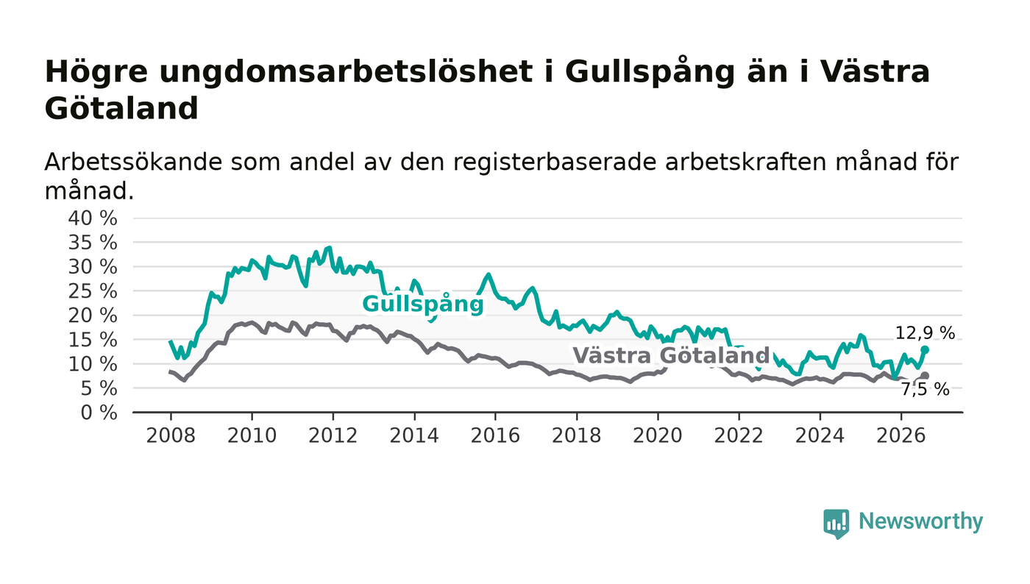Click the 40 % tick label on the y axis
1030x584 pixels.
point(93,218)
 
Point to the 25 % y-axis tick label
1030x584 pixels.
point(93,291)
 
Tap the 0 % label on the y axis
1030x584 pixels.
point(99,413)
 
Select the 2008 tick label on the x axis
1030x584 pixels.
point(171,435)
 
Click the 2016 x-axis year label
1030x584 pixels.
point(495,435)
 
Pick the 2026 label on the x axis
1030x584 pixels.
point(901,435)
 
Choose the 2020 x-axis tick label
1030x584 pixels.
point(658,435)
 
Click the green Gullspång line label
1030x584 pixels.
point(423,305)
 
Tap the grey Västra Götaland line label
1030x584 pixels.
point(671,355)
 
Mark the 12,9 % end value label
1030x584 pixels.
point(926,333)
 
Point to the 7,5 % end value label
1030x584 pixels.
point(926,390)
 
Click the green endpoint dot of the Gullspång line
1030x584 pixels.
point(926,350)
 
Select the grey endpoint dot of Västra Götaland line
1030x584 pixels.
point(926,376)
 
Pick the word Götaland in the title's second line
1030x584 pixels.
point(121,109)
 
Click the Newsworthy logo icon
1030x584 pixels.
point(836,524)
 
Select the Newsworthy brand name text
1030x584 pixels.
point(921,521)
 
